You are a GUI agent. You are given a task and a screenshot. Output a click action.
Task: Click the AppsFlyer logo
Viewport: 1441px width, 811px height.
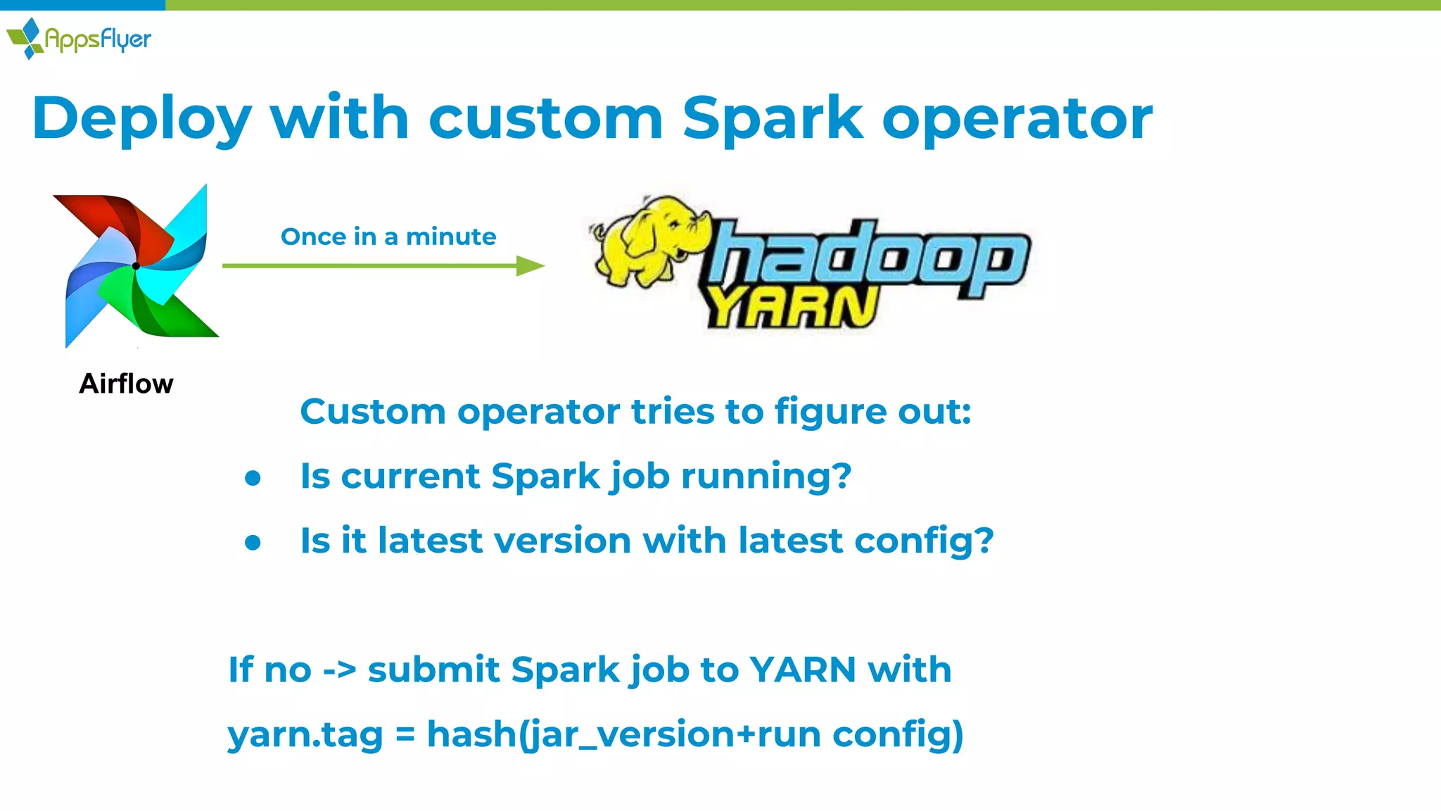(x=78, y=39)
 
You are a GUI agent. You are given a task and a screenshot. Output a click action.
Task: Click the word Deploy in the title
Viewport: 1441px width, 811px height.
(x=141, y=118)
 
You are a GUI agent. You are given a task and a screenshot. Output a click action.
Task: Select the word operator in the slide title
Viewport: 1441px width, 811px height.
(x=1017, y=118)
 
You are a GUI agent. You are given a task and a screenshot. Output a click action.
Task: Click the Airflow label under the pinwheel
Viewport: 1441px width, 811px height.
(x=126, y=384)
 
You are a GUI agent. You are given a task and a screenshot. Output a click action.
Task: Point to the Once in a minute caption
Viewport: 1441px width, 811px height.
(x=388, y=237)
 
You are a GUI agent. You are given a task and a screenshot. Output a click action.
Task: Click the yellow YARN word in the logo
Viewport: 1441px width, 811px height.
(x=792, y=308)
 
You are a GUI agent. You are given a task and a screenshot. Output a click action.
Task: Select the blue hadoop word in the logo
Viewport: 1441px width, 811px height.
(x=869, y=257)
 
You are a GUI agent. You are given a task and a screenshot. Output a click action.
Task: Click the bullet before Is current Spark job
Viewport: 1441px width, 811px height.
(x=253, y=478)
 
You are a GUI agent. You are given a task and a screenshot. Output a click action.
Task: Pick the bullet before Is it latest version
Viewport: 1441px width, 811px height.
(x=253, y=543)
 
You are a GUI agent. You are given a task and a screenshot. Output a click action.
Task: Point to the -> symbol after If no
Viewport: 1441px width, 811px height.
(x=339, y=670)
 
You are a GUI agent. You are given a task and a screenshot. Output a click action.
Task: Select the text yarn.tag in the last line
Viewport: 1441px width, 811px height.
(x=305, y=735)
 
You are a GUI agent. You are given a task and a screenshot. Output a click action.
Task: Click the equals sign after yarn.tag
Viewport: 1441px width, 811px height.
(x=405, y=734)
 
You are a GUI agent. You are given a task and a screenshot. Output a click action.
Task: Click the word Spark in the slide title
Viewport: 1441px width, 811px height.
(x=772, y=118)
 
